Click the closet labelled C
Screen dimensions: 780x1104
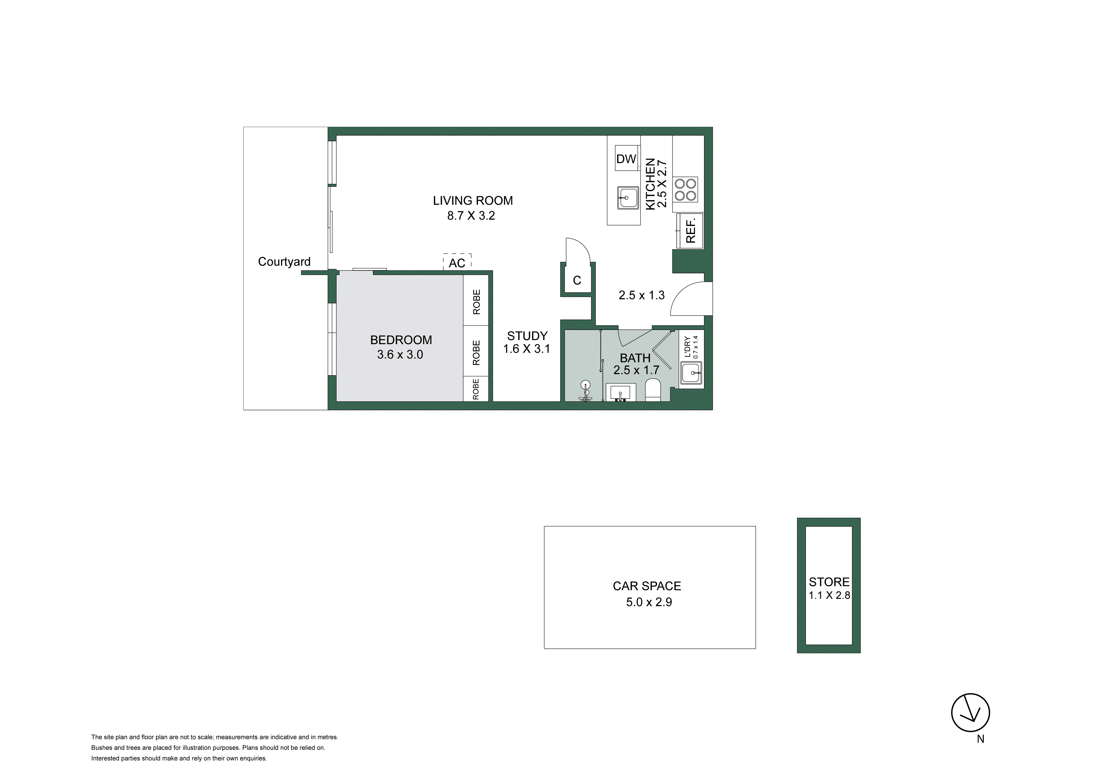pos(577,280)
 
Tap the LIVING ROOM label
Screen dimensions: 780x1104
pos(473,200)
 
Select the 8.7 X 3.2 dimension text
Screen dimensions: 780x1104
pos(471,216)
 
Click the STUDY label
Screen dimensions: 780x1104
pos(527,336)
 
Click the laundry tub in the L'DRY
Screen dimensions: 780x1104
pos(691,373)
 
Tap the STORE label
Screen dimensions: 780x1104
pos(829,582)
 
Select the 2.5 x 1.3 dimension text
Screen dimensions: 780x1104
pos(641,295)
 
